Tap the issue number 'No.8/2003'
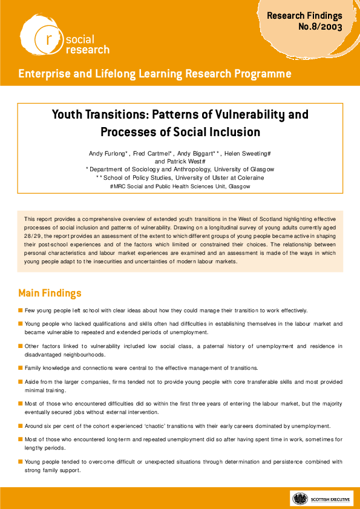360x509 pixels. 320,28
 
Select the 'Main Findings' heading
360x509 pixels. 50,294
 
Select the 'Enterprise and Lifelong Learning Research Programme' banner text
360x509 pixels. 154,74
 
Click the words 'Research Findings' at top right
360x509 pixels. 305,16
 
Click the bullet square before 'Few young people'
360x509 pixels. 21,310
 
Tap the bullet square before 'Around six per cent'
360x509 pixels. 21,426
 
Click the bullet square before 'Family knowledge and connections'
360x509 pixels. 21,368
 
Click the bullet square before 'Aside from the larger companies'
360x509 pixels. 21,383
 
